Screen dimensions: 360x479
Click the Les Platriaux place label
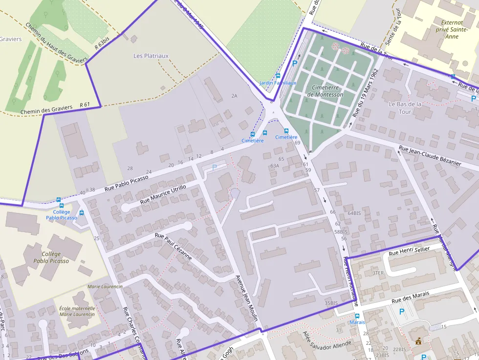tap(151, 56)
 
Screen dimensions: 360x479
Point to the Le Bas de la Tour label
tap(405, 108)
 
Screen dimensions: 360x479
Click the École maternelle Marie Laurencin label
tap(77, 311)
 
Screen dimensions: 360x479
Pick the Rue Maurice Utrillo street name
tap(163, 194)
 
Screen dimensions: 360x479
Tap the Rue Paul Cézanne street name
tap(174, 247)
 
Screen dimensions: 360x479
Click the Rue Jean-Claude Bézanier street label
tap(430, 156)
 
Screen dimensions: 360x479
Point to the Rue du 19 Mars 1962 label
tap(366, 92)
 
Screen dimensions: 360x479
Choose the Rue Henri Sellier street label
tap(409, 251)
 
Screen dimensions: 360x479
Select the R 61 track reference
tap(85, 105)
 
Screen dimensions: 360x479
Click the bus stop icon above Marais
tap(357, 316)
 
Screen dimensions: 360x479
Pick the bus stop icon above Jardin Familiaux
tap(278, 76)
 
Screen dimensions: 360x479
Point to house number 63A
tap(274, 166)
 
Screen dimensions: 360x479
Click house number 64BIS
tap(354, 213)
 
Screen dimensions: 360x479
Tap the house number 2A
tap(234, 96)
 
